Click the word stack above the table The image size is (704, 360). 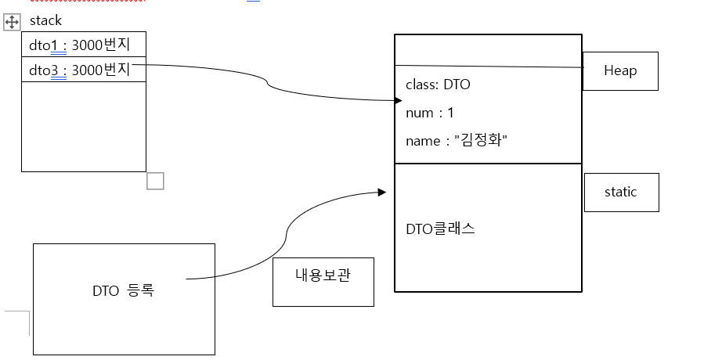[x=45, y=21]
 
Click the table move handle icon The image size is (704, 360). [x=12, y=23]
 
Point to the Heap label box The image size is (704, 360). [x=620, y=71]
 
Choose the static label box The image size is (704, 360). [x=620, y=192]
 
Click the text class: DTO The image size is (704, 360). [x=438, y=85]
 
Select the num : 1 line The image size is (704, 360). [x=429, y=113]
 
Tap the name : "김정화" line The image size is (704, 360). [x=457, y=141]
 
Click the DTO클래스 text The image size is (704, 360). [x=440, y=229]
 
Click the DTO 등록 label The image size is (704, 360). [x=123, y=290]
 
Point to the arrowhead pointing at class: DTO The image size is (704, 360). [x=398, y=100]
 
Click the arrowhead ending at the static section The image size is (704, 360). [x=381, y=192]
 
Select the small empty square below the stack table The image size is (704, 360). [x=155, y=181]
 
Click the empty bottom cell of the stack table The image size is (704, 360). [x=84, y=125]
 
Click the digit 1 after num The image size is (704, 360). [x=450, y=113]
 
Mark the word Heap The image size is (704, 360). [x=620, y=71]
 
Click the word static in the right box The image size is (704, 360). [x=620, y=192]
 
